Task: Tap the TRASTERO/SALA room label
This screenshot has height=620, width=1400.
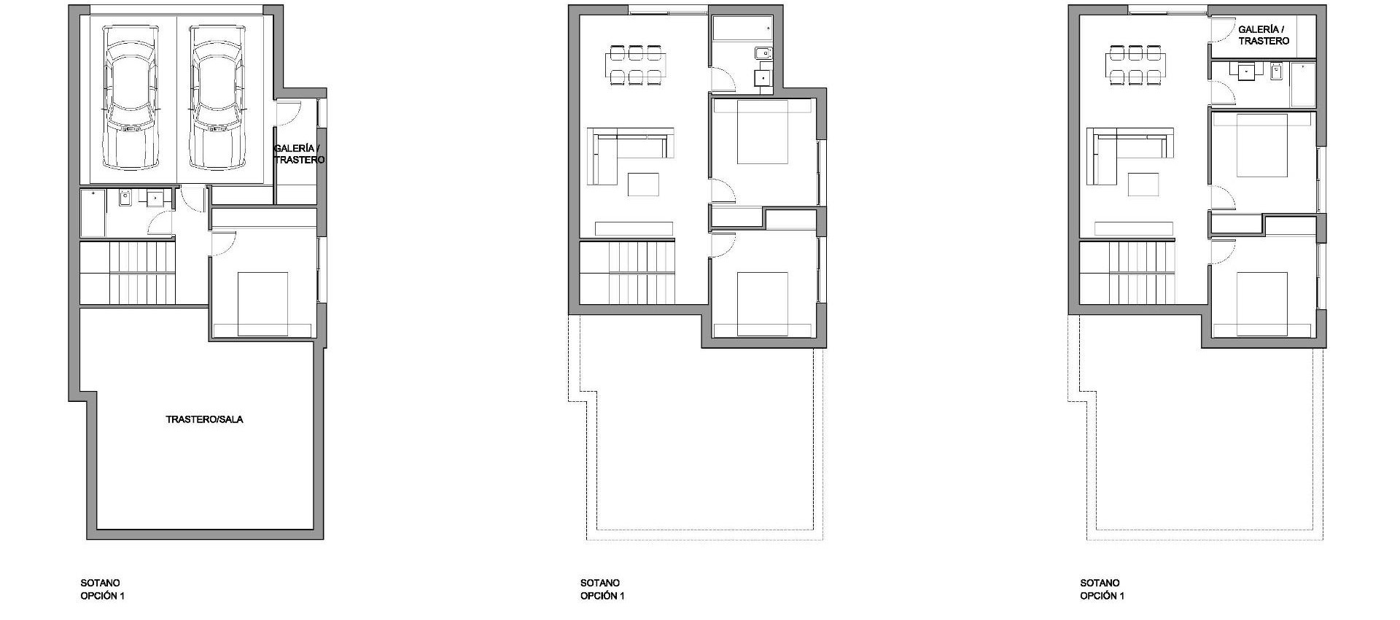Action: click(204, 419)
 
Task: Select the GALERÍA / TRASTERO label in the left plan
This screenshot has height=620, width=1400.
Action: click(299, 154)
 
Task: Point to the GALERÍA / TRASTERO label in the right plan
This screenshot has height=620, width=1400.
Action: click(1264, 35)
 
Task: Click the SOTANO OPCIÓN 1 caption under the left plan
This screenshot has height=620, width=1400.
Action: click(102, 589)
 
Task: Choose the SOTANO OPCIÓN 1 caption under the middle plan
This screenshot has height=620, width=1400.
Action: click(602, 589)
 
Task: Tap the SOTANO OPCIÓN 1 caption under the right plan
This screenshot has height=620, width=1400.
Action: click(1102, 589)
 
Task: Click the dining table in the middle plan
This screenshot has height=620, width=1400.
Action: click(635, 65)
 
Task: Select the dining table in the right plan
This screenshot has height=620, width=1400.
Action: click(1135, 65)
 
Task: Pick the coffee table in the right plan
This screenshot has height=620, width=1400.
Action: click(1143, 184)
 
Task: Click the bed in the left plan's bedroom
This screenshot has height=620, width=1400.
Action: click(262, 303)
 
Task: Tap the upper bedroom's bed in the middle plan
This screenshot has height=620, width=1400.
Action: click(763, 132)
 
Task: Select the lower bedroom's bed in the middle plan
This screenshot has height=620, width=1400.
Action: click(763, 303)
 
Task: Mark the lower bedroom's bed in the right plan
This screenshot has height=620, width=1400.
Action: click(1262, 303)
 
